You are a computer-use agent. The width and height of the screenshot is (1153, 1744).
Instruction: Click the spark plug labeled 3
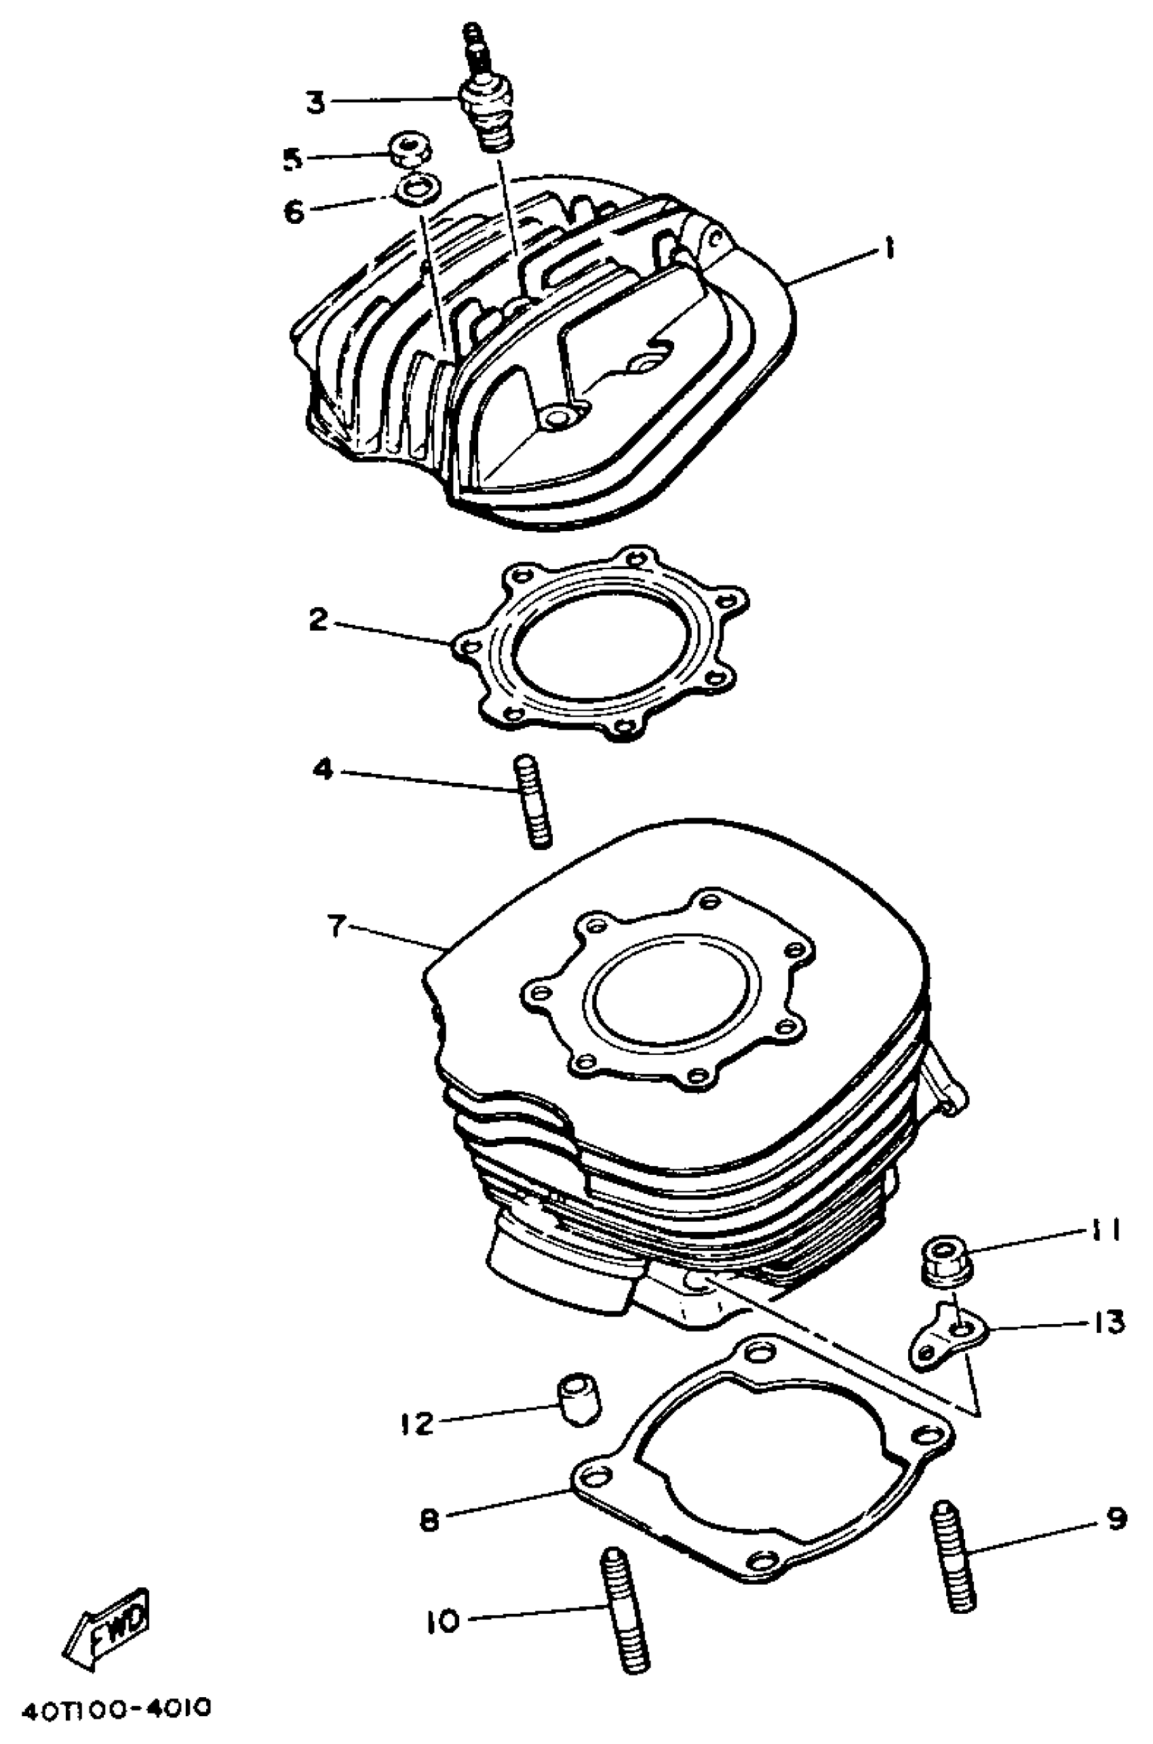pyautogui.click(x=486, y=103)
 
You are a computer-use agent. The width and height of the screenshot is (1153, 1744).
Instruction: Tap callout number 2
pyautogui.click(x=317, y=620)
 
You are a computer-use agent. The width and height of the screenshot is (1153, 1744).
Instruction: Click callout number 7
pyautogui.click(x=335, y=927)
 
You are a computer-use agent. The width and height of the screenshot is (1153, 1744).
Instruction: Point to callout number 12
pyautogui.click(x=418, y=1425)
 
